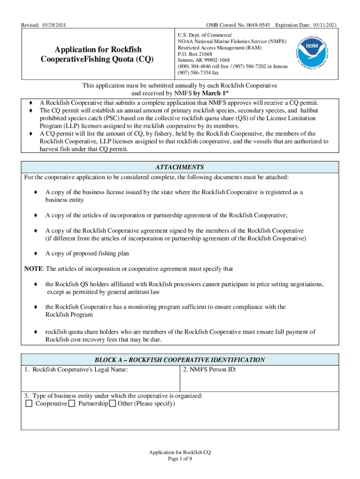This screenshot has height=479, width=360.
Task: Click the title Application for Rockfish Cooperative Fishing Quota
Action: coord(98,55)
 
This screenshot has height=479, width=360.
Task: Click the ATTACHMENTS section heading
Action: coord(180,167)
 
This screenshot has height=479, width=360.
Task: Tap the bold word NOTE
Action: coord(33,269)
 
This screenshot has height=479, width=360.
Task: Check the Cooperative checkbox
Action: coord(29,404)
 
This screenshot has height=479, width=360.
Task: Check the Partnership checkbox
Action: coord(72,404)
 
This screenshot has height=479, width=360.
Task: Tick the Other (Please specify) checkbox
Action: coord(112,404)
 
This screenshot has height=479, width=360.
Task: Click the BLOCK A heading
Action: coord(180,360)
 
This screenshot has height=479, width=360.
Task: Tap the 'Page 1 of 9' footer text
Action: coord(180,459)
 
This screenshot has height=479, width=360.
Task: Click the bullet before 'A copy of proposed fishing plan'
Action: coord(36,253)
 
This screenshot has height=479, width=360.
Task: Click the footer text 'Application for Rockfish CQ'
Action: coord(180,452)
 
